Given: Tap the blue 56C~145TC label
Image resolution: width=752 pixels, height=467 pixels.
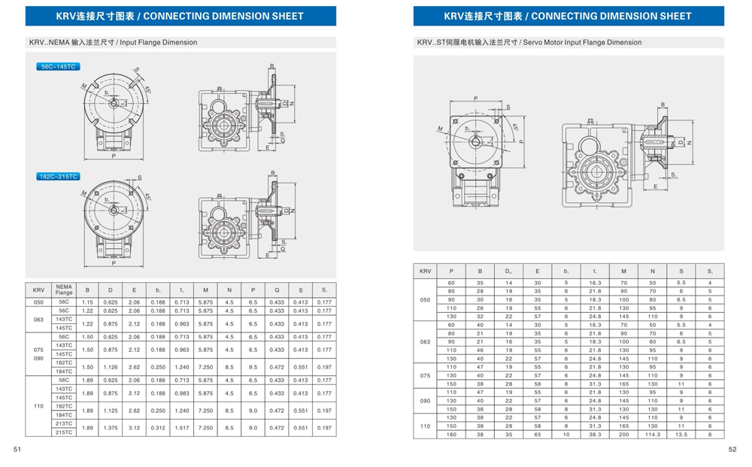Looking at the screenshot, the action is (58, 67).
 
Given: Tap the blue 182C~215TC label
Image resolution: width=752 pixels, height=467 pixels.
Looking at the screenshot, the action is (59, 177).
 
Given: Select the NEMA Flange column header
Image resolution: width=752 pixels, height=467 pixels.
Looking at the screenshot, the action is (64, 290).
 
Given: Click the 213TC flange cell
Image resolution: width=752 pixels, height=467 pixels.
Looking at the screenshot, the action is (64, 423).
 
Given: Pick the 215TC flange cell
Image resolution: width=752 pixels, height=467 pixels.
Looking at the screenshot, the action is (64, 432).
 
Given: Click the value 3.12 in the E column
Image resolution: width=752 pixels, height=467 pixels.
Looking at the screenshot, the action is (135, 428).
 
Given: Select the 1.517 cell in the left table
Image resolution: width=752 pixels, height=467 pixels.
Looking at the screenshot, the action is (181, 428).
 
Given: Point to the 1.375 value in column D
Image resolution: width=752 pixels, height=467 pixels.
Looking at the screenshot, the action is (111, 428).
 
